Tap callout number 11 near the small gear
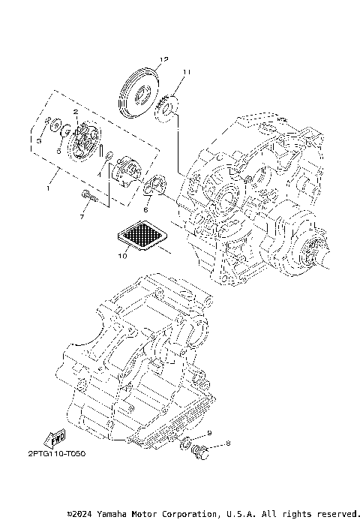(x=186, y=72)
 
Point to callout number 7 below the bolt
(x=82, y=218)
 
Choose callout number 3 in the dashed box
(x=39, y=140)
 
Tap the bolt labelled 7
(x=89, y=197)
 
